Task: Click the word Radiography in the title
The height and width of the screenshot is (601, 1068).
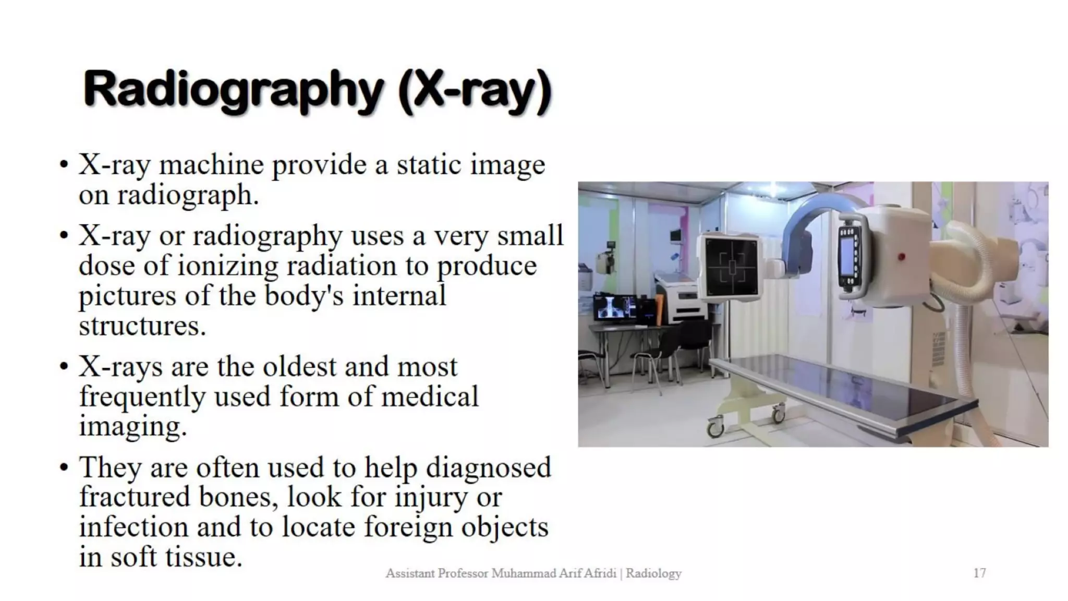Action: (233, 90)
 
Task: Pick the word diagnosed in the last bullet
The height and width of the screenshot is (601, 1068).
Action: (488, 467)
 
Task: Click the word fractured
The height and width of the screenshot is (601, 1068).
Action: (135, 497)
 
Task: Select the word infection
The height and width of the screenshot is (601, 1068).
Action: (133, 527)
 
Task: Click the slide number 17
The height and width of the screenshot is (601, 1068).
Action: (979, 573)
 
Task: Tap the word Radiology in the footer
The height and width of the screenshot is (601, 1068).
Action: (653, 573)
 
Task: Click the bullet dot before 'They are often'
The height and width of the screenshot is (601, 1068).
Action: (64, 467)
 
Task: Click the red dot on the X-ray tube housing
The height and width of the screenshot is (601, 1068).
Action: (901, 257)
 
